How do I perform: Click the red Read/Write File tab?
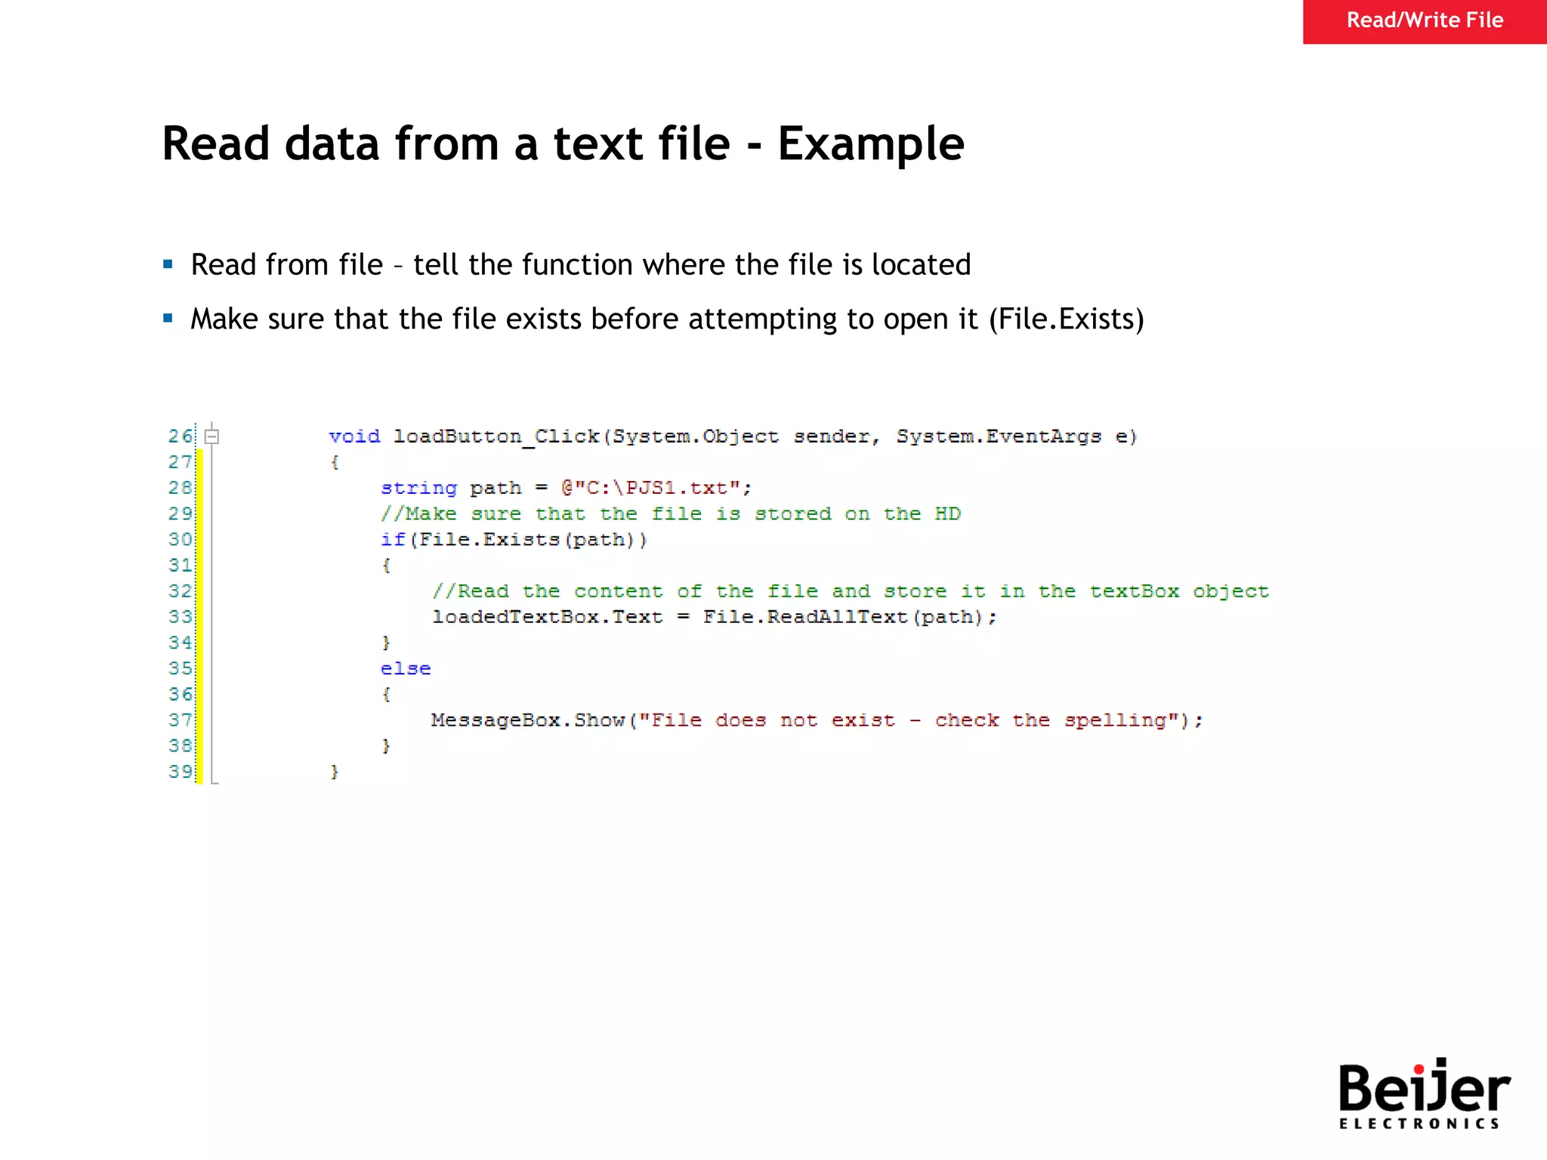coord(1424,21)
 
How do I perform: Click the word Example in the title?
coord(870,143)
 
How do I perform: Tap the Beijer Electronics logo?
coord(1423,1094)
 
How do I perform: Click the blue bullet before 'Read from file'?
coord(168,264)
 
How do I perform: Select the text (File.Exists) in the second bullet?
coord(1066,319)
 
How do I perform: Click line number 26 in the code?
coord(180,437)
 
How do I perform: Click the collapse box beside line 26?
coord(212,437)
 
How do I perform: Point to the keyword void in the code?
coord(354,437)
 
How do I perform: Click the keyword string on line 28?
coord(418,488)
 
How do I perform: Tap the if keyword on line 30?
coord(393,540)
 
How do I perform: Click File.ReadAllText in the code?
coord(805,617)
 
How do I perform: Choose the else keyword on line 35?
coord(406,668)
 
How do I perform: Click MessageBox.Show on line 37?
coord(528,720)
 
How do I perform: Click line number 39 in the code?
coord(180,772)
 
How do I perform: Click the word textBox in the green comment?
coord(1134,591)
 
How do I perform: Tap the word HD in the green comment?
coord(947,514)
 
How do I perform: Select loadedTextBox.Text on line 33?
coord(547,617)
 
